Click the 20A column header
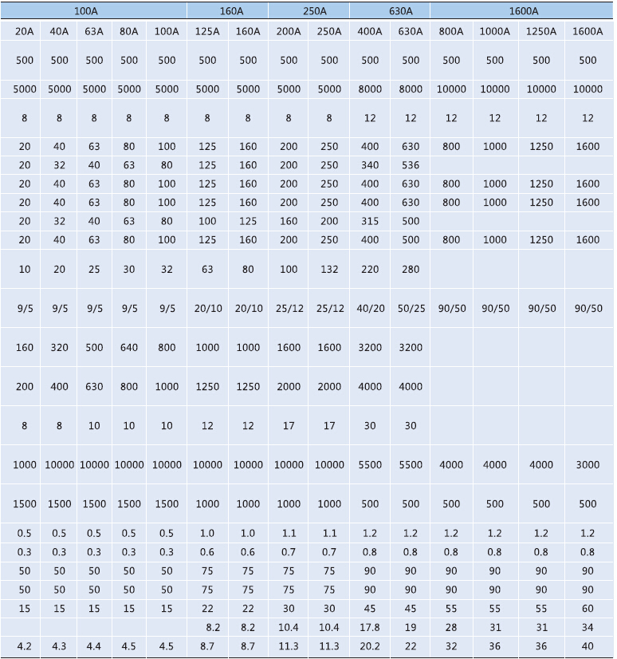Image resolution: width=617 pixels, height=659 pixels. pyautogui.click(x=25, y=32)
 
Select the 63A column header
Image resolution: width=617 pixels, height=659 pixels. pyautogui.click(x=94, y=32)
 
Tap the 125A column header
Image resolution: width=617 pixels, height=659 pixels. pyautogui.click(x=207, y=32)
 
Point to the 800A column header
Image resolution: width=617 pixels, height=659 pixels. pyautogui.click(x=451, y=32)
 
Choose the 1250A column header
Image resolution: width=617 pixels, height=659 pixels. pyautogui.click(x=541, y=32)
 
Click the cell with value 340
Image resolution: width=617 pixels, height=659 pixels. pyautogui.click(x=370, y=165)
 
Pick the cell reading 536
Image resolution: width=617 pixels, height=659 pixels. pyautogui.click(x=411, y=165)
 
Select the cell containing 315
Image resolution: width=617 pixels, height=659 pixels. pyautogui.click(x=370, y=221)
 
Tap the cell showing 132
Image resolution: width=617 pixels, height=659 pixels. pyautogui.click(x=329, y=270)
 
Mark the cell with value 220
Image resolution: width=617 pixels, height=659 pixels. pyautogui.click(x=370, y=270)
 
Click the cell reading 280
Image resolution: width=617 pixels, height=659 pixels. pyautogui.click(x=411, y=270)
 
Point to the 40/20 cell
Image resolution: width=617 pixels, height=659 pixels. pyautogui.click(x=370, y=308)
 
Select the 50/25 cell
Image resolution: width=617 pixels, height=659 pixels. pyautogui.click(x=411, y=308)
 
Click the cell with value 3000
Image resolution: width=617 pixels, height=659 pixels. pyautogui.click(x=588, y=464)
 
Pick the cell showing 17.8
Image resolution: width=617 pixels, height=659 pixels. pyautogui.click(x=370, y=628)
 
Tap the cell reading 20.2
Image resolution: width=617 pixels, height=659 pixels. pyautogui.click(x=370, y=646)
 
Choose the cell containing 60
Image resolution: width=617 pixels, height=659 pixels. pyautogui.click(x=588, y=609)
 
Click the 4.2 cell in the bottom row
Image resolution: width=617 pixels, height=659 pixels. pyautogui.click(x=25, y=646)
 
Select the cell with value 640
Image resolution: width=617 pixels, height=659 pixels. pyautogui.click(x=129, y=348)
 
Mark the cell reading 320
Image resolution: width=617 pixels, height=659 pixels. pyautogui.click(x=59, y=348)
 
